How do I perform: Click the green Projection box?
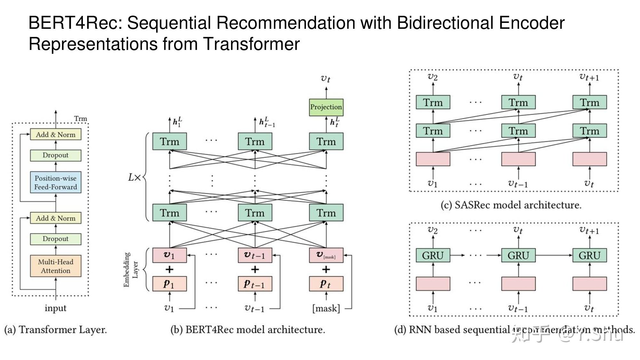326,107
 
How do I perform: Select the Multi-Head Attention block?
56,266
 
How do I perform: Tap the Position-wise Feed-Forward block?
56,182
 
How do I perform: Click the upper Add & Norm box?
56,134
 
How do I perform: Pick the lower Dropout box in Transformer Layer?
56,239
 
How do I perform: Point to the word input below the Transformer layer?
55,308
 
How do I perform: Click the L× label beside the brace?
134,177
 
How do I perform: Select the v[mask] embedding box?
326,255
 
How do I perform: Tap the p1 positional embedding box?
169,284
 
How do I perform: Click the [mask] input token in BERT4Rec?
326,308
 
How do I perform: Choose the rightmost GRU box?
589,255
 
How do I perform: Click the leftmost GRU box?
433,255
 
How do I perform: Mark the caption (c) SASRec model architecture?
511,205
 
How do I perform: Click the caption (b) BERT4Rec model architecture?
248,330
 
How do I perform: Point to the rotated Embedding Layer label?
131,269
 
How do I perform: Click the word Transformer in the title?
252,44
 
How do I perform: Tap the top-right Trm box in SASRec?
589,102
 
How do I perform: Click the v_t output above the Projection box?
326,78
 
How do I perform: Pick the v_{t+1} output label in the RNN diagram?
589,230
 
